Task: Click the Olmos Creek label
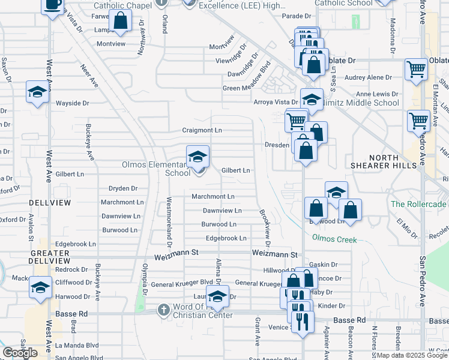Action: click(x=334, y=239)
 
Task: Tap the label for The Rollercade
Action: click(x=419, y=204)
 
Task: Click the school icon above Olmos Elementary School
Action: click(x=197, y=157)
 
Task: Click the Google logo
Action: click(x=20, y=353)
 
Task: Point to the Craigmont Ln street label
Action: click(x=202, y=130)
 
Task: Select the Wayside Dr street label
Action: click(x=72, y=103)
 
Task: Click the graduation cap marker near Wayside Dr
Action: click(x=37, y=92)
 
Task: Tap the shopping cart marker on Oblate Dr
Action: click(x=416, y=69)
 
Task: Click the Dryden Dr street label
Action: click(x=123, y=188)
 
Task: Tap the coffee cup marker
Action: click(x=53, y=5)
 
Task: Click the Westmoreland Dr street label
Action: click(x=169, y=223)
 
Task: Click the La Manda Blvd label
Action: click(x=77, y=346)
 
